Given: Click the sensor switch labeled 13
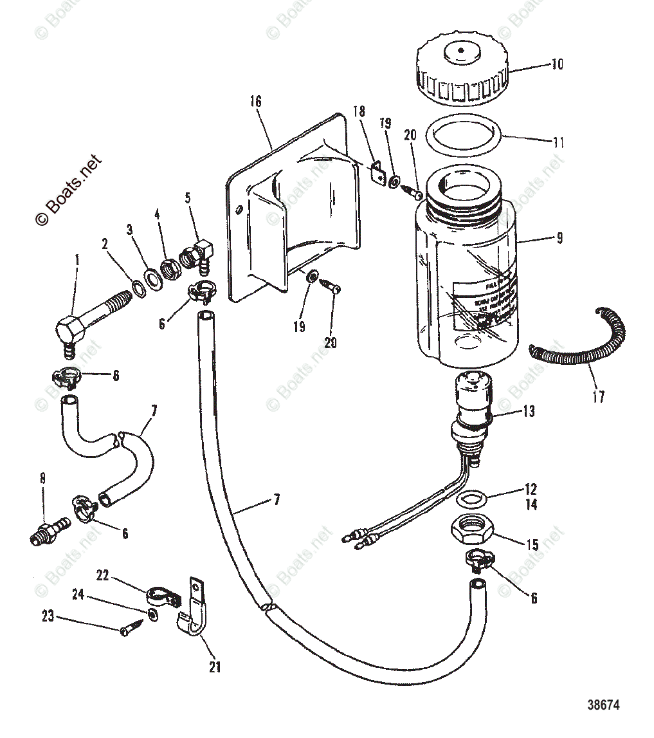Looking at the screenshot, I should click(x=473, y=412).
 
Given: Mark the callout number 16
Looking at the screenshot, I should click(x=256, y=102).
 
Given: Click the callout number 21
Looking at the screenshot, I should click(x=214, y=667).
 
